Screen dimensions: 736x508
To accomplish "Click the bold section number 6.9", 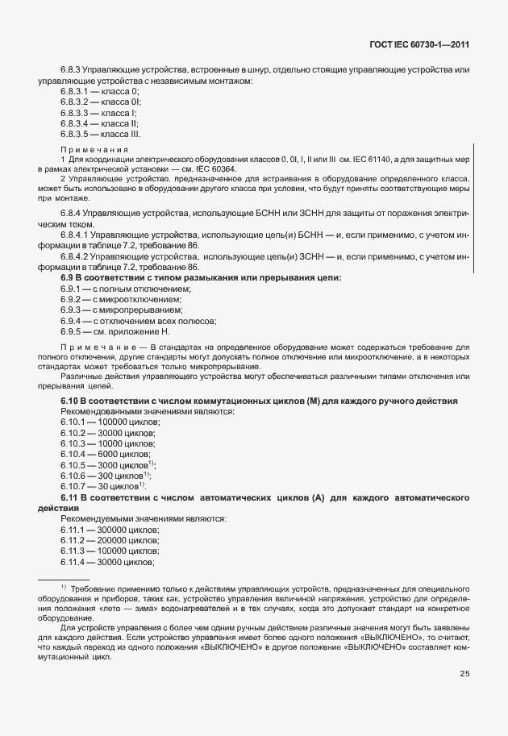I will [68, 277].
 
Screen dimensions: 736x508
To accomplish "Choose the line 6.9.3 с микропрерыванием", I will [118, 310].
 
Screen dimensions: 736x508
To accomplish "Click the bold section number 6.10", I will [70, 401].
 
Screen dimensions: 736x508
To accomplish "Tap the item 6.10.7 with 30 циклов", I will [102, 486].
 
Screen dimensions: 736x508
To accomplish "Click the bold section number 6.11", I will [70, 497].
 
